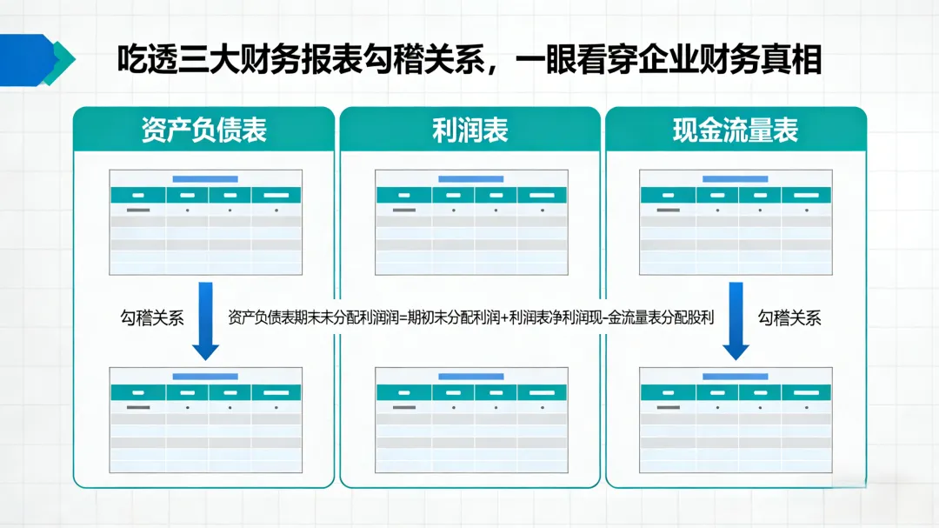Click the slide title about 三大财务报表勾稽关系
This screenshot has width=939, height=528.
tap(469, 60)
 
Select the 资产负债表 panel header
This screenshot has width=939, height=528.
tap(203, 130)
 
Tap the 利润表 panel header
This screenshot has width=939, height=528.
tap(469, 130)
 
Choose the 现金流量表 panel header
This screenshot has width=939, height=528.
tap(736, 130)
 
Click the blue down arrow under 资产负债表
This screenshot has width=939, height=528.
tap(205, 320)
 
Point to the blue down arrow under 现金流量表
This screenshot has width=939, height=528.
tap(736, 320)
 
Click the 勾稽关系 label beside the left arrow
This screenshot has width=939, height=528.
tap(152, 317)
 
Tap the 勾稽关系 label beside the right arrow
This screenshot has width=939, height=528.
tap(789, 317)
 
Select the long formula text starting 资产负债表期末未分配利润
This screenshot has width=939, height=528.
tap(470, 317)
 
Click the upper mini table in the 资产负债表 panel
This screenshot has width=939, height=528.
tap(205, 222)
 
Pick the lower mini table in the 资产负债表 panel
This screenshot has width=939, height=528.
tap(205, 420)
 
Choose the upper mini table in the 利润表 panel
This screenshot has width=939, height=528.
tap(470, 222)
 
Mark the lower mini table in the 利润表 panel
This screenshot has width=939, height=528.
tap(470, 420)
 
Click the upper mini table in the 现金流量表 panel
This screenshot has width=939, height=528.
tap(736, 222)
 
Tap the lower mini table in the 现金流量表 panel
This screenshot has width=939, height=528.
tap(736, 420)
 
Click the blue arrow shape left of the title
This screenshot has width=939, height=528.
tap(37, 60)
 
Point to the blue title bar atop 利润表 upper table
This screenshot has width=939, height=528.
tap(470, 179)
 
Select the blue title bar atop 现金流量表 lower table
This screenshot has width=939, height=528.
tap(735, 377)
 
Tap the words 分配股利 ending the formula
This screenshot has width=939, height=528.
tap(687, 317)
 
